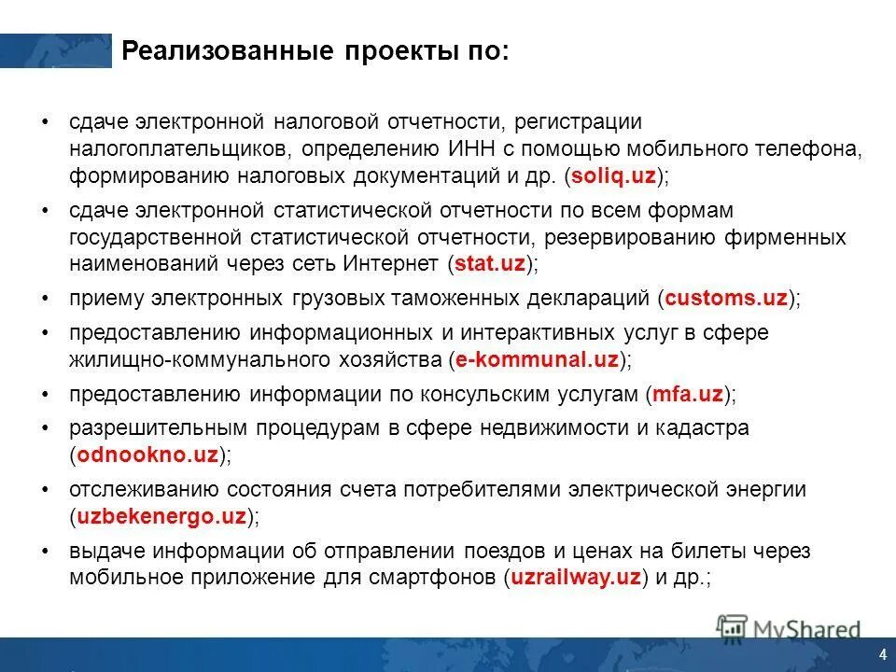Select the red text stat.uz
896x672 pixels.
coord(490,264)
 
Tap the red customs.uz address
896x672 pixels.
coord(727,299)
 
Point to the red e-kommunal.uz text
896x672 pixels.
coord(538,359)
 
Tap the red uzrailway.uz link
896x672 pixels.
coord(576,577)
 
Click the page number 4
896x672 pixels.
coord(882,652)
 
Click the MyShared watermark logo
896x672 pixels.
coord(789,628)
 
